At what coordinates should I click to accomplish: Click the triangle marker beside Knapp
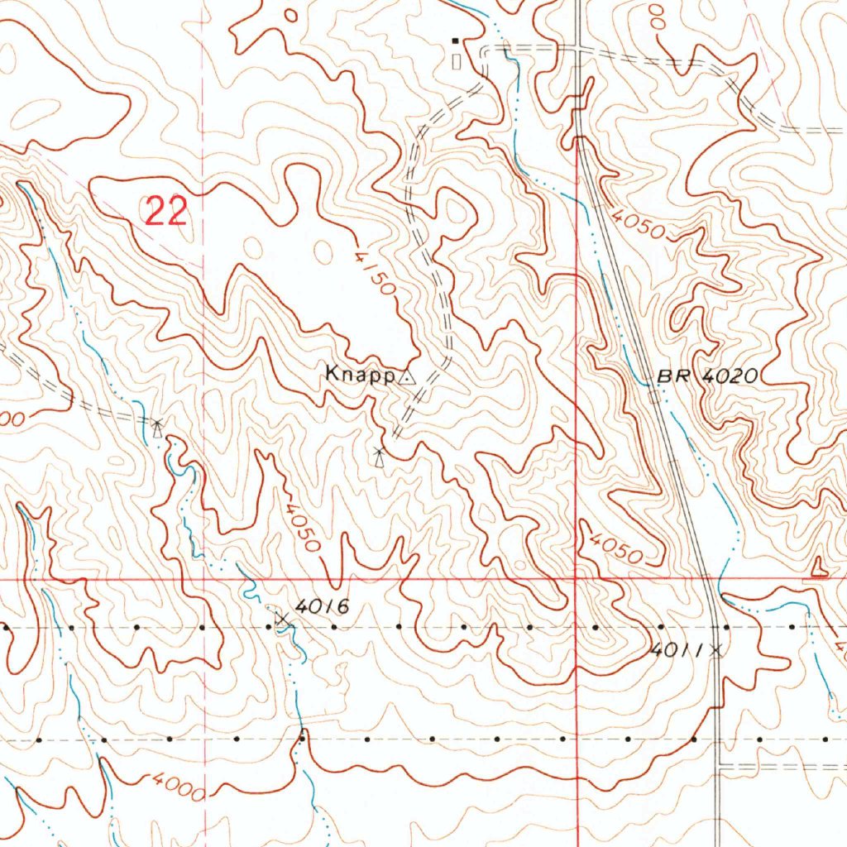(x=406, y=377)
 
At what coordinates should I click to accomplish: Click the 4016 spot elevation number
(x=322, y=606)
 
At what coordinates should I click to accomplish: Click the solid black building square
(x=454, y=40)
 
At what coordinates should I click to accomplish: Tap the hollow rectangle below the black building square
(x=455, y=60)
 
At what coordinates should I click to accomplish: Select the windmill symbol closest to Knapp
(x=379, y=456)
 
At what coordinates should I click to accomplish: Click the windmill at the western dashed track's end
(x=157, y=427)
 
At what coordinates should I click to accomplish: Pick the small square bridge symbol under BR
(x=654, y=396)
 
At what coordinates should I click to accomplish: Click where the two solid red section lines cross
(x=576, y=579)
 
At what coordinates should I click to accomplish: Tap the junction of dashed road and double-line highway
(x=577, y=49)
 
